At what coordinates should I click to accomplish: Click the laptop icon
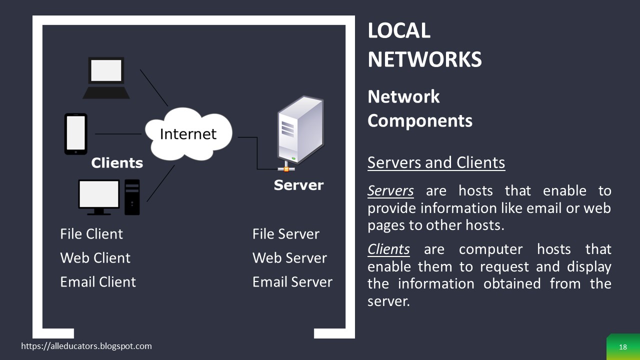coord(106,77)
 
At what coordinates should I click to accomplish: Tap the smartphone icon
coord(75,134)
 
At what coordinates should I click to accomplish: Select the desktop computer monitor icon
coord(99,196)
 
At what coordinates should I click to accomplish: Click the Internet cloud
coord(188,133)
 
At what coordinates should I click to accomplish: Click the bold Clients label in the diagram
coord(117,163)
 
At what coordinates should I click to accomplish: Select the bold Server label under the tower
coord(298,185)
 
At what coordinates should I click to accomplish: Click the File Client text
coord(91,234)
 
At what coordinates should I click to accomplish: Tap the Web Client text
coord(95,258)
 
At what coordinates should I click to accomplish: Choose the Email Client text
coord(98,282)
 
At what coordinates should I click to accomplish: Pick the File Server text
coord(285,234)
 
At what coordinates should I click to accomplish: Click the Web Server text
coord(289,258)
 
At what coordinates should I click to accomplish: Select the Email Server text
coord(292,282)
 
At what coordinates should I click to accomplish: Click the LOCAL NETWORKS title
coord(424,45)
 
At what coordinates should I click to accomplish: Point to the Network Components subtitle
coord(419,108)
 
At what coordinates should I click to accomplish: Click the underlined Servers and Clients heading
coord(436,162)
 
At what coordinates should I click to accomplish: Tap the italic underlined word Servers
coord(390,191)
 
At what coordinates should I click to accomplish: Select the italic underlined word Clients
coord(388,249)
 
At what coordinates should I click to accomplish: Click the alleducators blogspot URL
coord(86,346)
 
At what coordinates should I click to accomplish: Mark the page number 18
coord(622,347)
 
